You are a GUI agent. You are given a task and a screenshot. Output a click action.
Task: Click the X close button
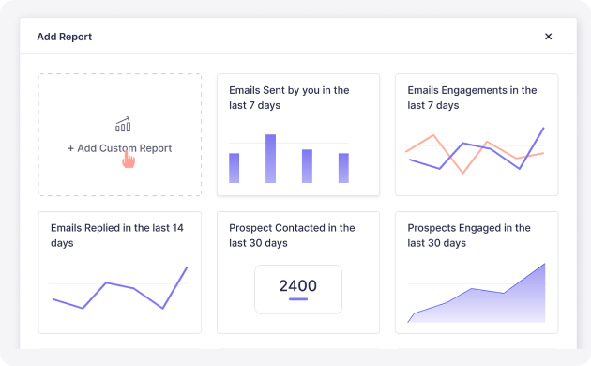549,37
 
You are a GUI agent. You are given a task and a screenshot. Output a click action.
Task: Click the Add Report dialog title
65,37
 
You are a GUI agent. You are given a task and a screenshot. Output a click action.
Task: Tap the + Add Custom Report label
119,148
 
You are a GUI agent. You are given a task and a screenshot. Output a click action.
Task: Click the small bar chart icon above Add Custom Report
123,125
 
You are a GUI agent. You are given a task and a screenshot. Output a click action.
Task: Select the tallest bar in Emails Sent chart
270,159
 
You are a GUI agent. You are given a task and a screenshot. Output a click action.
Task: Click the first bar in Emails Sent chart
235,168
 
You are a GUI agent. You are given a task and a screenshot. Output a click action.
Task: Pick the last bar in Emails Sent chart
343,168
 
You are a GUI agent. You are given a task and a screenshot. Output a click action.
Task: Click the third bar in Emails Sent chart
307,166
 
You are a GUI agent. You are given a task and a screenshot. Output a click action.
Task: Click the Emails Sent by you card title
289,98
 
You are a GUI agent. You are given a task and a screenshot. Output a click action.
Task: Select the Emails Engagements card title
472,98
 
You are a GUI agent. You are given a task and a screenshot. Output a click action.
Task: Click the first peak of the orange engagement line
433,135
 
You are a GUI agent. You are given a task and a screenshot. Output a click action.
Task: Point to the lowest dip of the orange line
462,173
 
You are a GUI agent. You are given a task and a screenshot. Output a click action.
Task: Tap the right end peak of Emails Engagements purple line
543,129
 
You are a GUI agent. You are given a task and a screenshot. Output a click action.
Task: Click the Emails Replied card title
117,236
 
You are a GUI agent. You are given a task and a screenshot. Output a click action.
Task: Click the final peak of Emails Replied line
187,267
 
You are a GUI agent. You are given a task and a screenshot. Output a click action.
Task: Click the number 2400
297,285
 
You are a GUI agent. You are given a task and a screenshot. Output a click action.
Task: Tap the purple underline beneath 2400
298,299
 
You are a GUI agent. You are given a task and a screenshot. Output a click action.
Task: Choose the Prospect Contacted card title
292,236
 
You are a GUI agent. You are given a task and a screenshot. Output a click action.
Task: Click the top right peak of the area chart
545,264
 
